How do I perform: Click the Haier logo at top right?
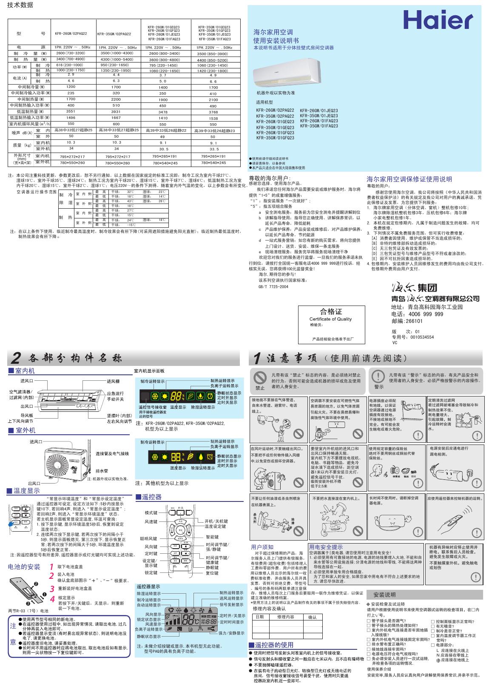click(x=438, y=20)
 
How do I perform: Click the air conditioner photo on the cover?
click(x=286, y=72)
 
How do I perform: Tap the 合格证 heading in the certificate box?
click(x=331, y=312)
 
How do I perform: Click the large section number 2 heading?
click(x=16, y=358)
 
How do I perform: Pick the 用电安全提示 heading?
click(x=326, y=547)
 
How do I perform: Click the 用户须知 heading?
click(x=262, y=547)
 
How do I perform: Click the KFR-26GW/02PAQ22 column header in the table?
click(x=71, y=34)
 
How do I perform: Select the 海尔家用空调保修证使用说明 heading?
click(x=409, y=179)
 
